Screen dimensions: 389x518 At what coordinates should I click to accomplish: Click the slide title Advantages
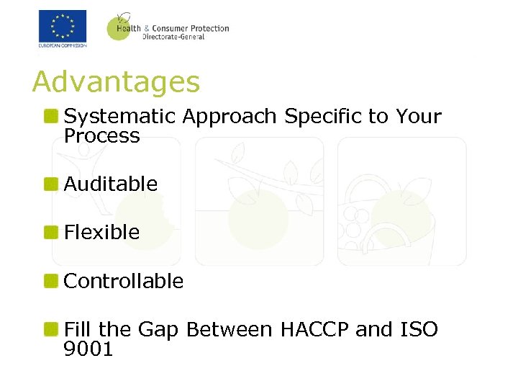pos(116,82)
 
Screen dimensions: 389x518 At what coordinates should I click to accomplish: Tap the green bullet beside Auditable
pos(50,184)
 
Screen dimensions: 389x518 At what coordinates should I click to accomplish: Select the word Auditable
pos(111,184)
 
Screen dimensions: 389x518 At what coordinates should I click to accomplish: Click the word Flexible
pos(101,232)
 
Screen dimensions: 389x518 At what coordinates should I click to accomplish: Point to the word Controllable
pos(124,281)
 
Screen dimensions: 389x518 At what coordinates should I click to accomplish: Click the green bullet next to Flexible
pos(50,232)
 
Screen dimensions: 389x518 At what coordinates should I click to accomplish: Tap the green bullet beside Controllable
pos(50,281)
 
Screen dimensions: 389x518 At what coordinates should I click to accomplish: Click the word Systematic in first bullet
pos(119,117)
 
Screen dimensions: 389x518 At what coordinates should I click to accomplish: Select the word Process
pos(101,136)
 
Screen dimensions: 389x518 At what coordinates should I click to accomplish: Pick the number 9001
pos(88,349)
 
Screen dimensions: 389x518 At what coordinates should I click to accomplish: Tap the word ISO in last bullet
pos(417,330)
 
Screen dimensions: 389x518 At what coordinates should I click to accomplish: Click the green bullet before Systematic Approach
pos(50,117)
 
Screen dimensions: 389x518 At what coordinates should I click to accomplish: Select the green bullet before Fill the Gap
pos(50,330)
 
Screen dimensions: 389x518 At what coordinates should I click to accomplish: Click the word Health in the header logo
pos(127,29)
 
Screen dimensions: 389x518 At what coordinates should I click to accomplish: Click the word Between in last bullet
pos(229,330)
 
